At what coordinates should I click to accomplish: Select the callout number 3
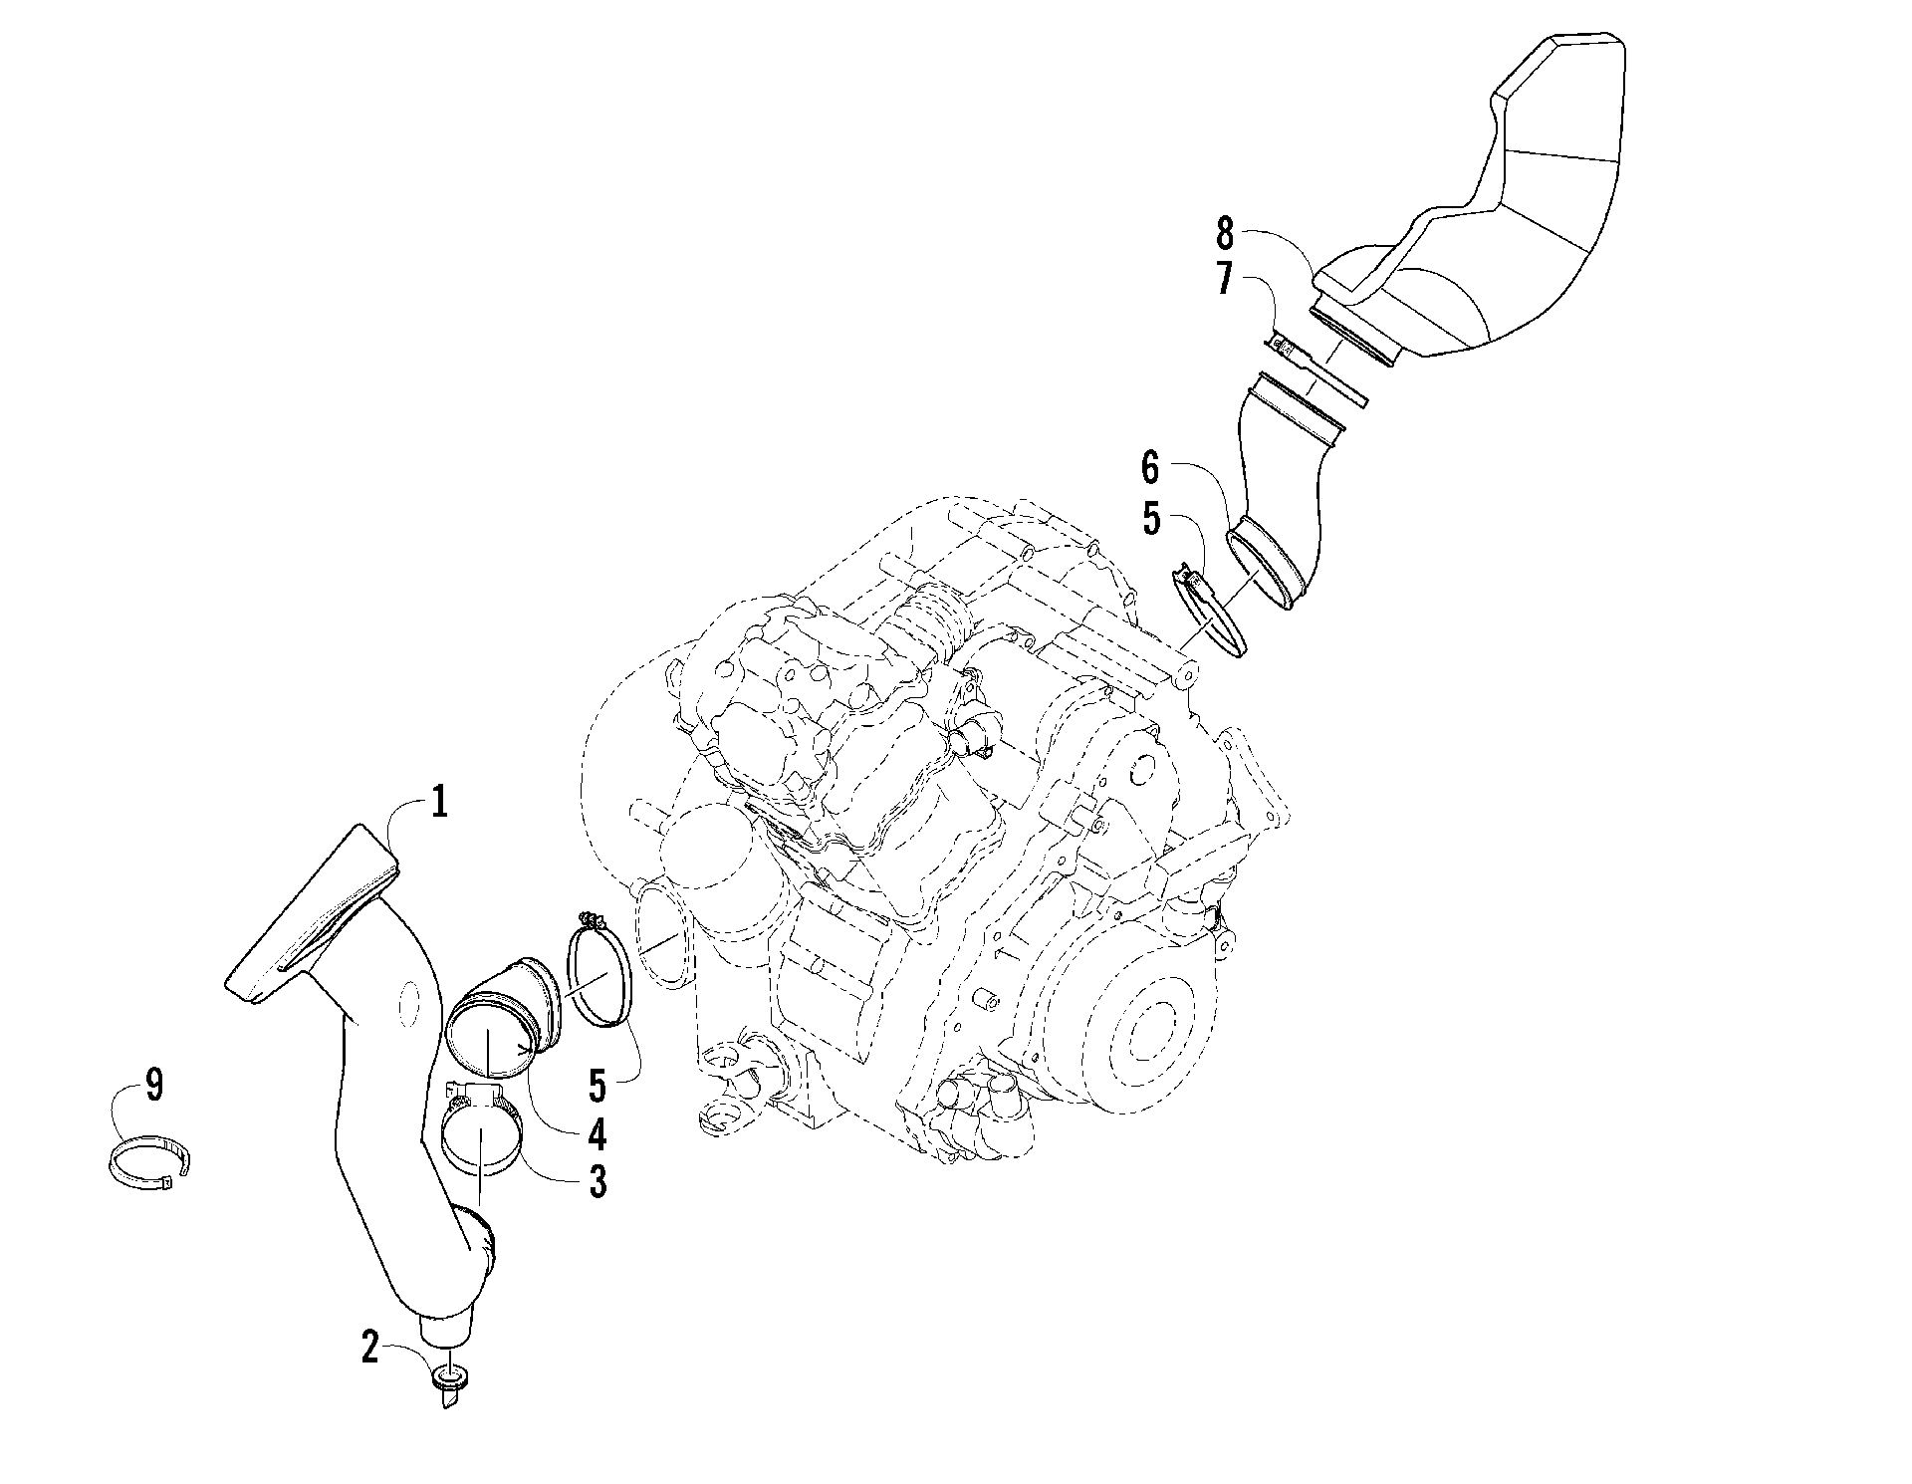pos(597,1182)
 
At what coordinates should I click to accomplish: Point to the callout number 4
pos(597,1133)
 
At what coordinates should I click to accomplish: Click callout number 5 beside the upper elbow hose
pos(1152,519)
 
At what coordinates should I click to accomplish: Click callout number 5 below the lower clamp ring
pos(597,1086)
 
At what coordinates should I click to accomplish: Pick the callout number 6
pos(1151,466)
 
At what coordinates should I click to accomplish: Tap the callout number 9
pos(153,1085)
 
